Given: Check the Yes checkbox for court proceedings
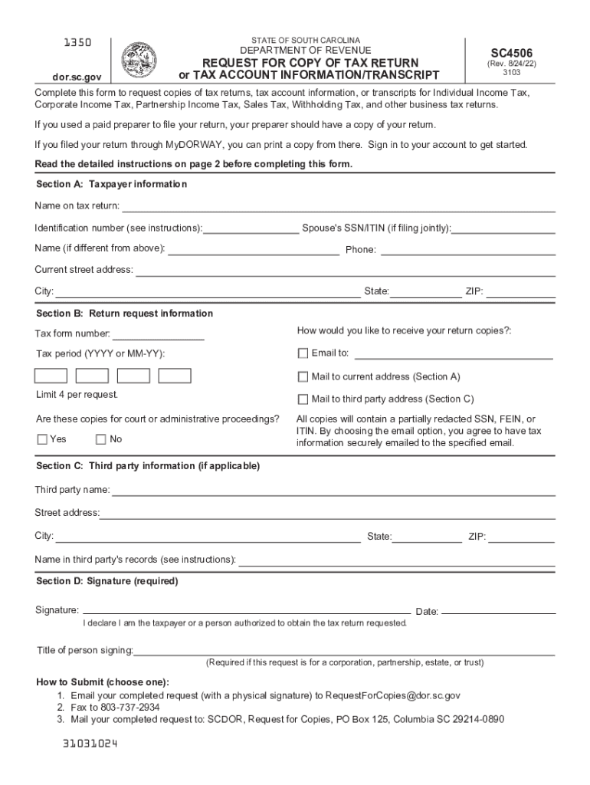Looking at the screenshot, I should (42, 439).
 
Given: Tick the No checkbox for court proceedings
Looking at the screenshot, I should (100, 439).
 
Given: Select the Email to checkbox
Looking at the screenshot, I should (303, 353).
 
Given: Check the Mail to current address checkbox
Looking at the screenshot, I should (303, 376).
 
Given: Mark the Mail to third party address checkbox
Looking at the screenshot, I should (303, 399).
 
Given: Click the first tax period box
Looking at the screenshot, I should (51, 376).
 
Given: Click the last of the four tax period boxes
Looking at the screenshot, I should (174, 376).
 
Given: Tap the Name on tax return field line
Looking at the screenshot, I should (339, 207).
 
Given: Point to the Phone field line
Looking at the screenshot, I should (467, 249).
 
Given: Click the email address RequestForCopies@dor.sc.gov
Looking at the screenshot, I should (393, 695).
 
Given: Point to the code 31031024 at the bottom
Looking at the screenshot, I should (90, 744).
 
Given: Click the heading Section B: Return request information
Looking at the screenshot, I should (125, 314).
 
